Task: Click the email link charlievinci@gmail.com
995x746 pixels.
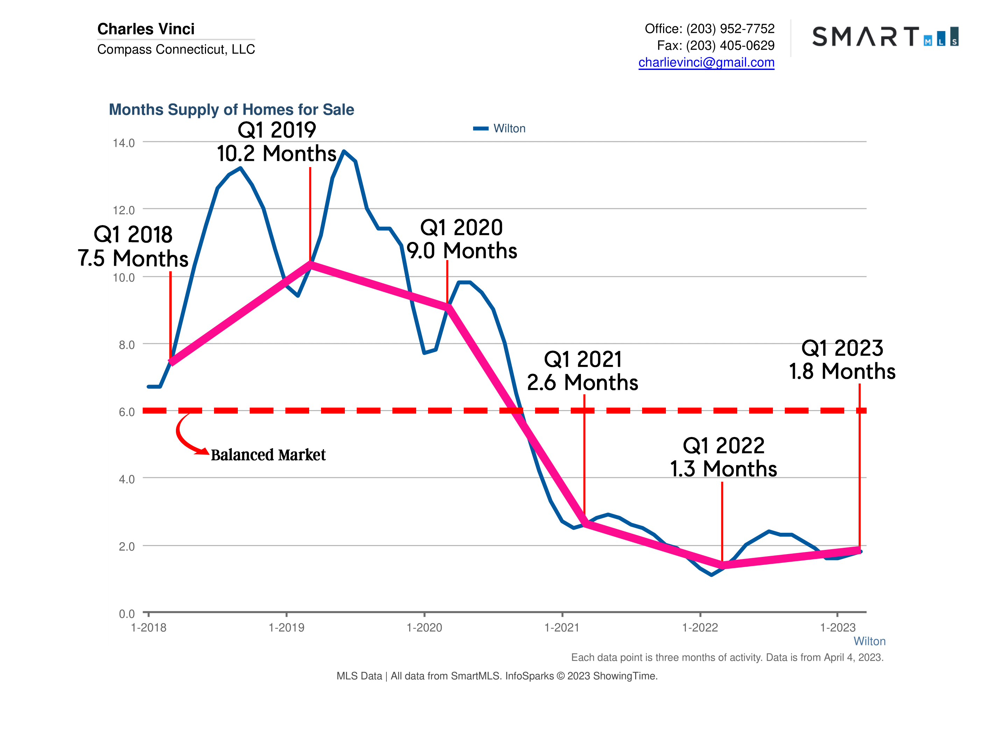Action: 706,63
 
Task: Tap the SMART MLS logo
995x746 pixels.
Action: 885,36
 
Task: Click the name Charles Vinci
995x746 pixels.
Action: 146,29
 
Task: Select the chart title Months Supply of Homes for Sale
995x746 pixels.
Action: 231,109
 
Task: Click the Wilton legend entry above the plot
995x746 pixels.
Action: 499,129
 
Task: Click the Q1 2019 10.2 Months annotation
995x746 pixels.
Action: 277,142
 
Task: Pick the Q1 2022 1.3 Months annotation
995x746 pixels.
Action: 723,457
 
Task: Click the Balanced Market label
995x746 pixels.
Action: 268,454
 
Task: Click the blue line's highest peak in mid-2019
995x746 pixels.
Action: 344,151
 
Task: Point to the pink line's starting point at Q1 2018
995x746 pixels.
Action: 171,361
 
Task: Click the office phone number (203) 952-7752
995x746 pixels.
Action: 730,29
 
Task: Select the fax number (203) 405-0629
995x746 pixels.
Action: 730,45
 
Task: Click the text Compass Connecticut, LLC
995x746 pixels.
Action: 176,49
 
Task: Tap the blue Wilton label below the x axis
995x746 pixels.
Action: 869,641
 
